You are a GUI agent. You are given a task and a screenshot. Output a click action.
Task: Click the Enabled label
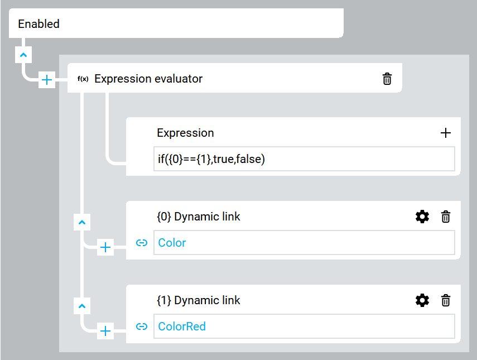pos(38,24)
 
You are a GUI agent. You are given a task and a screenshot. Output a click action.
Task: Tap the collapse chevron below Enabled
pos(23,55)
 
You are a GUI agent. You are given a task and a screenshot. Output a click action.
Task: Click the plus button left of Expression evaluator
pos(47,80)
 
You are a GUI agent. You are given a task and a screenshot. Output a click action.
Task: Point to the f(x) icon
pos(83,79)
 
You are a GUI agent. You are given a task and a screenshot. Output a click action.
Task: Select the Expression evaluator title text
pos(148,79)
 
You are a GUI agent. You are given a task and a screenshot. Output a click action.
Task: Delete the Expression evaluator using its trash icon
pos(387,79)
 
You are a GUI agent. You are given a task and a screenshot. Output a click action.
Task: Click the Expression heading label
pos(185,133)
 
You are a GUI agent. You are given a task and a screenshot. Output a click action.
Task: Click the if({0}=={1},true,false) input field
pos(304,159)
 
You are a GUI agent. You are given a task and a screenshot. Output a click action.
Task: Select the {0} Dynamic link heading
pos(199,217)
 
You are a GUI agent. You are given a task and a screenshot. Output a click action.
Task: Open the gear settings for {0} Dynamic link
pos(422,217)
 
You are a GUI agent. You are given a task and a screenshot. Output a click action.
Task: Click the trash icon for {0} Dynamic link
pos(446,217)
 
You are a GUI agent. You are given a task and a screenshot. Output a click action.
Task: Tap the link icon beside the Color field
pos(142,243)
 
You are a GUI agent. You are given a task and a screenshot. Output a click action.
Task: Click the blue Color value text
pos(172,243)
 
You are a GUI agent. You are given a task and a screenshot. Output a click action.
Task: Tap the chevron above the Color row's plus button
pos(82,223)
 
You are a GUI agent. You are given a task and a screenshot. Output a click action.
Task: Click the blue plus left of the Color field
pos(105,247)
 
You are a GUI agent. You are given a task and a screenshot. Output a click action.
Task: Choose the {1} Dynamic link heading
pos(199,300)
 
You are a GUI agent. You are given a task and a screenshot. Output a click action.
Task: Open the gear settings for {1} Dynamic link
pos(422,300)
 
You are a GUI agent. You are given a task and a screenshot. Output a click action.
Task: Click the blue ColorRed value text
pos(182,327)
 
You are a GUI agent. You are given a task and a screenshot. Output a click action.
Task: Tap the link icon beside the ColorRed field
pos(142,327)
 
